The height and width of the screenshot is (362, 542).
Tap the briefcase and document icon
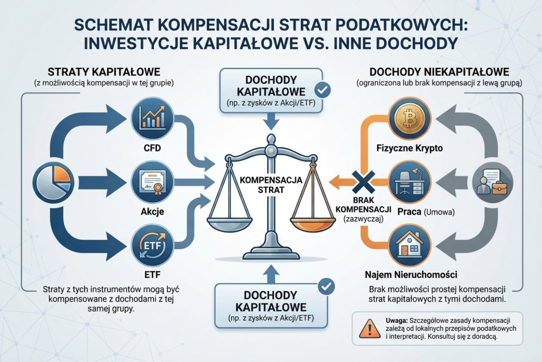[493, 181]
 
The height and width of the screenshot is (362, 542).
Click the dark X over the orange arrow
[364, 182]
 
